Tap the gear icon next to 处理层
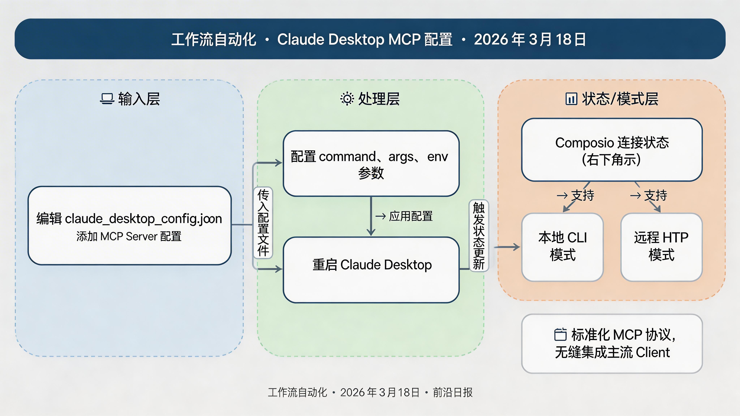click(x=347, y=99)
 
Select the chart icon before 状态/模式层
click(x=571, y=99)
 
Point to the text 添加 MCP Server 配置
click(x=129, y=237)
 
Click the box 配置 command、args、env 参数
click(x=371, y=164)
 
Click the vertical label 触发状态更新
click(x=479, y=235)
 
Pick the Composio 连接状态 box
click(x=612, y=150)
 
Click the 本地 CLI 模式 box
click(x=562, y=247)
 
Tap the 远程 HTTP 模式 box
click(x=661, y=247)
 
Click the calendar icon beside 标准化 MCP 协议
click(x=560, y=334)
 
